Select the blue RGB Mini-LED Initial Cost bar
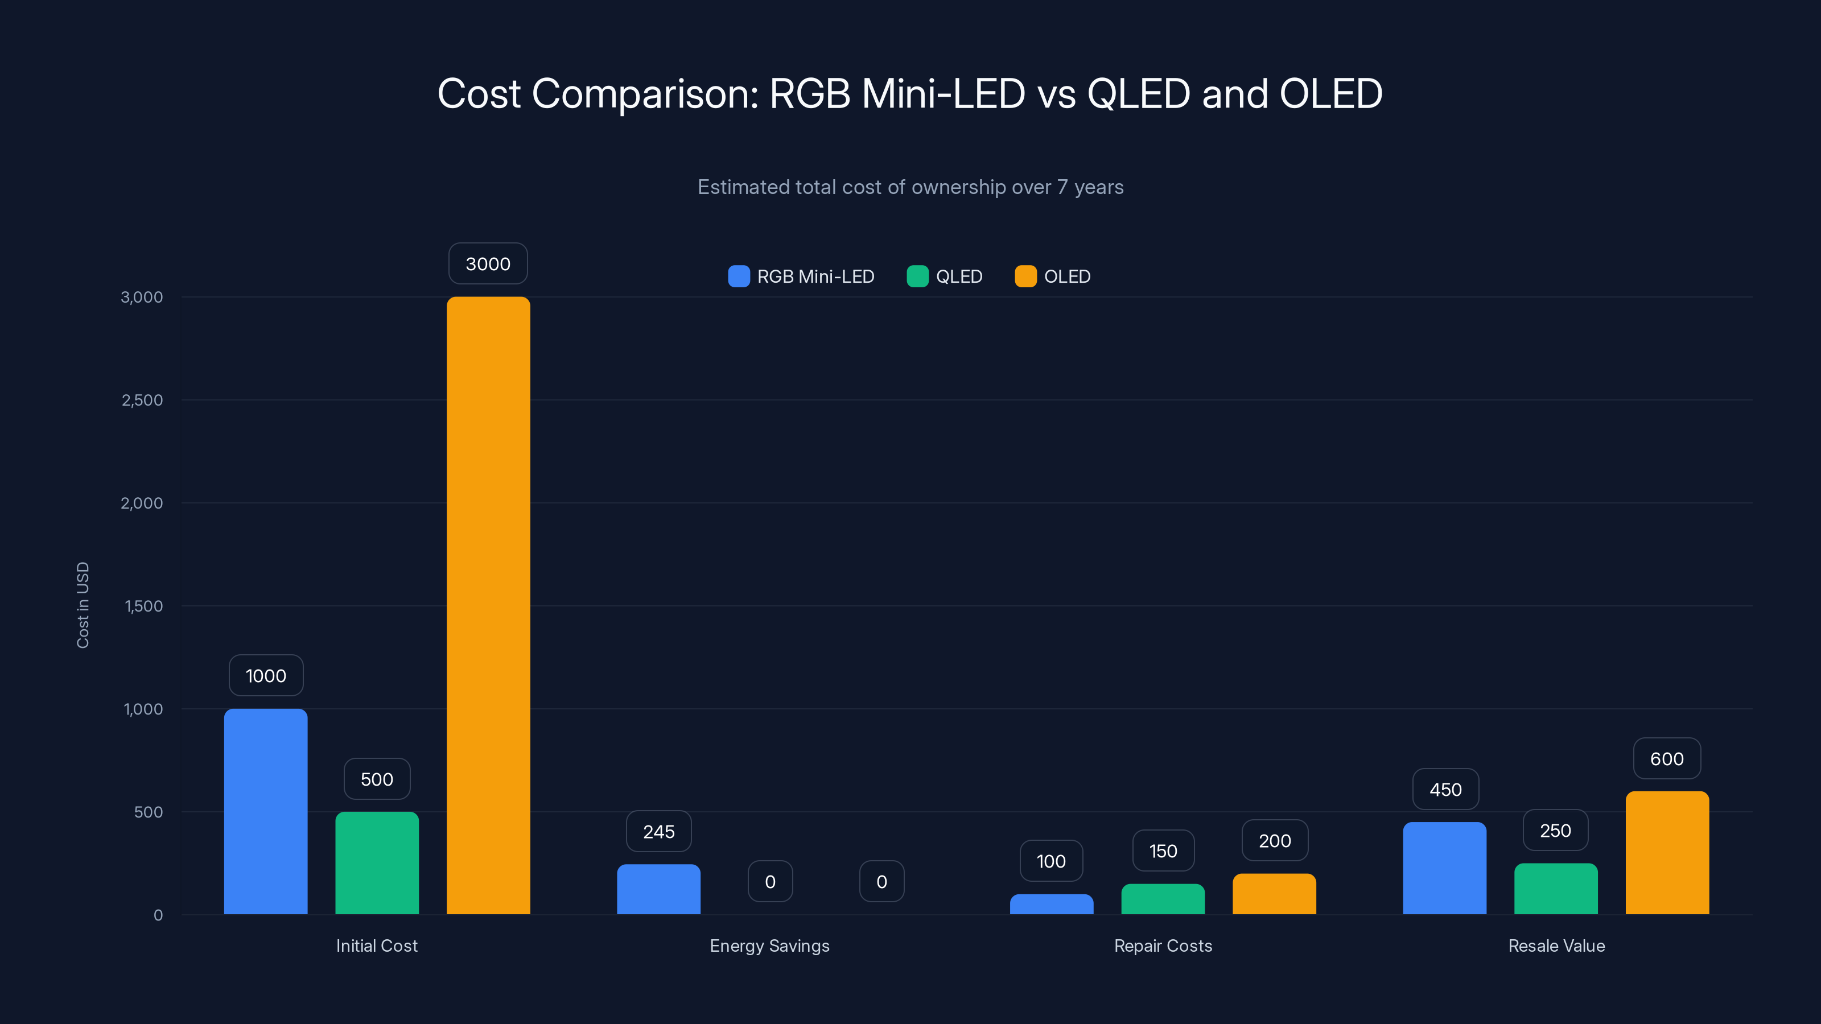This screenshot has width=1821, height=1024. coord(266,811)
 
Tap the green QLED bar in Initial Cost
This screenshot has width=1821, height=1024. coord(377,863)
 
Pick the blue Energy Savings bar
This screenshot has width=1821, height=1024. coord(658,889)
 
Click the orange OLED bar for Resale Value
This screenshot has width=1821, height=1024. coord(1667,852)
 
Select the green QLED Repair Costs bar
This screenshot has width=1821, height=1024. coord(1163,899)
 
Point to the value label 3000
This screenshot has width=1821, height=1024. coord(488,263)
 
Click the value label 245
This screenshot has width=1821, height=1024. coord(658,832)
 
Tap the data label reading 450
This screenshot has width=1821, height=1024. coord(1445,790)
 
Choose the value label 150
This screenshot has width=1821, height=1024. coord(1163,851)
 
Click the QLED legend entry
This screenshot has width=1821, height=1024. coord(945,276)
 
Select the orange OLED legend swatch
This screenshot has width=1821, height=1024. coord(1025,276)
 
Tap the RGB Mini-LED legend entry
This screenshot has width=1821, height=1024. coord(802,276)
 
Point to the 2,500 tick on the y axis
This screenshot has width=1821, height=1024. coord(142,400)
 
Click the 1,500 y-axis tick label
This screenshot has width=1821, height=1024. coord(143,606)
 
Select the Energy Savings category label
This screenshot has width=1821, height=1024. coord(769,945)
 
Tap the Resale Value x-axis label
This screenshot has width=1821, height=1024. coord(1556,945)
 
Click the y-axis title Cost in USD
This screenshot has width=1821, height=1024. coord(83,605)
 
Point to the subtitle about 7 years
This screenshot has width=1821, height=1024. coord(910,187)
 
